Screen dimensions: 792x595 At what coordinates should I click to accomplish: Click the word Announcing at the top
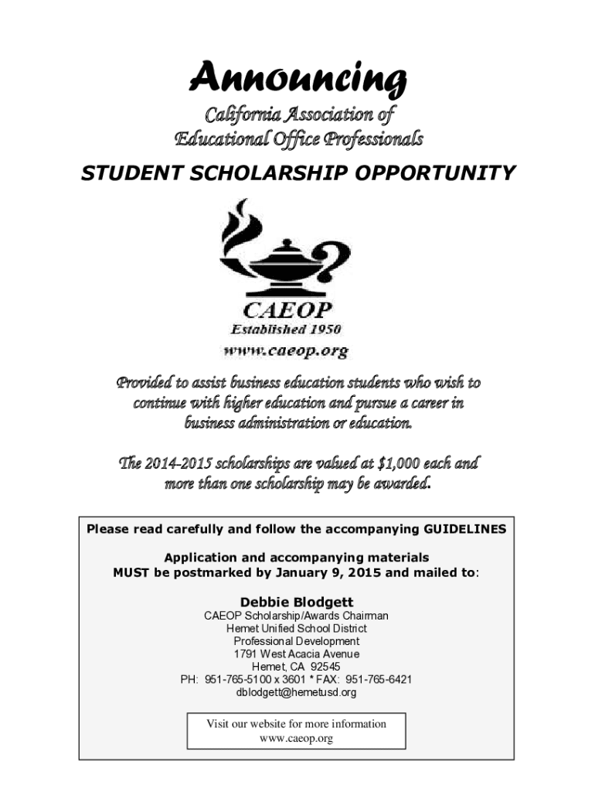click(x=297, y=78)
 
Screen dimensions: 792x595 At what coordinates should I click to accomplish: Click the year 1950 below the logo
click(x=324, y=329)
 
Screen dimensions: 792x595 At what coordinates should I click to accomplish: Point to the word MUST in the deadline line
click(x=131, y=573)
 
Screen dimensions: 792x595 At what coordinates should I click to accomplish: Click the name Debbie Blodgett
click(x=297, y=602)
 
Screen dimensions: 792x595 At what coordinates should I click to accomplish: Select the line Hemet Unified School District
click(x=297, y=629)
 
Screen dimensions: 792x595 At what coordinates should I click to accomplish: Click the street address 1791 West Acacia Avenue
click(x=297, y=654)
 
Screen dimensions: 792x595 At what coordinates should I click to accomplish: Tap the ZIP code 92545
click(x=325, y=667)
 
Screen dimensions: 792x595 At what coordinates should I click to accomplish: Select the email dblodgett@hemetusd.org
click(x=297, y=692)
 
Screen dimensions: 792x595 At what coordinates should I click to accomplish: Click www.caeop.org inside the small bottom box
click(x=296, y=739)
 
